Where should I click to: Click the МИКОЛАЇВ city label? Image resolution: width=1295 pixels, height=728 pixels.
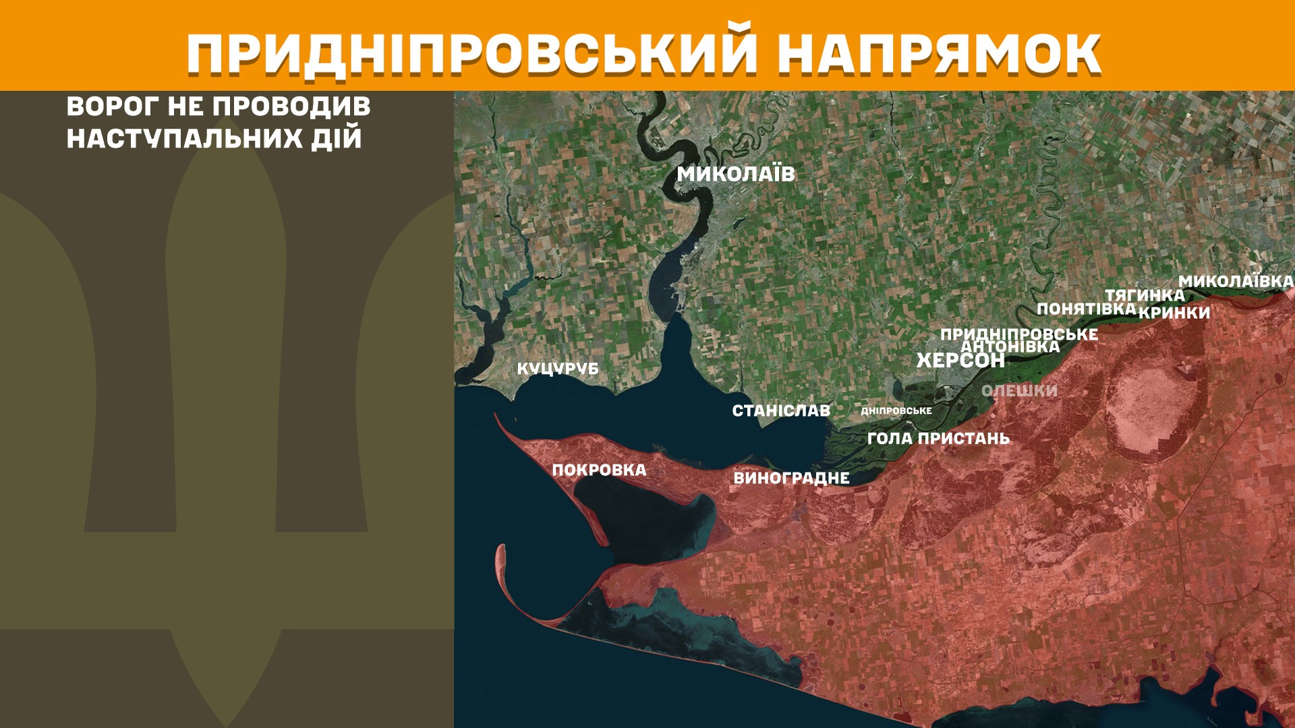[x=736, y=174]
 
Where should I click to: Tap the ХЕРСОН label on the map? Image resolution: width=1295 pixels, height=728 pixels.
[x=960, y=361]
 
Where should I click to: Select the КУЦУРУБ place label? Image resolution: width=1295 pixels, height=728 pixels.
[x=558, y=369]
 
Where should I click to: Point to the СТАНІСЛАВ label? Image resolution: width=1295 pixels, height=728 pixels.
[x=781, y=411]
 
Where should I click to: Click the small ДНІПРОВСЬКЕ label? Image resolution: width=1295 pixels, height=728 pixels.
[x=896, y=411]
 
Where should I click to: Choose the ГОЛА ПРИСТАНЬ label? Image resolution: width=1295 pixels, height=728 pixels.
[x=938, y=438]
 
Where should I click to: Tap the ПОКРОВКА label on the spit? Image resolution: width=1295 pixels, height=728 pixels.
[x=599, y=470]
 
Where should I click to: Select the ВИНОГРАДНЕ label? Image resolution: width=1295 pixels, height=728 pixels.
[x=791, y=478]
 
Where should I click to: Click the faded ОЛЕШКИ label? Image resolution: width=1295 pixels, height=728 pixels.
[x=1019, y=390]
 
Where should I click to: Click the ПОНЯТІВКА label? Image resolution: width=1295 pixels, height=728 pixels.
[x=1086, y=309]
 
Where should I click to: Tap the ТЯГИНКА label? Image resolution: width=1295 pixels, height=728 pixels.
[x=1144, y=295]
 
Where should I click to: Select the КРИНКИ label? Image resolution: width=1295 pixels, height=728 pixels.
[x=1174, y=313]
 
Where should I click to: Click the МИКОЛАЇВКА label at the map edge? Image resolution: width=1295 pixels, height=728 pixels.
[x=1236, y=281]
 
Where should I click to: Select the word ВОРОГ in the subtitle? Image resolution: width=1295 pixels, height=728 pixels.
[x=113, y=107]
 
